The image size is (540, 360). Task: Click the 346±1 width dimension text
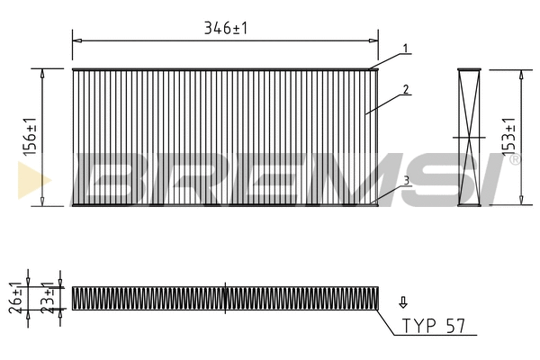pos(226,28)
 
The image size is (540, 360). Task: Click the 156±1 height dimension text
pos(31,137)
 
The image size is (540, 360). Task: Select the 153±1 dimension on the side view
pos(508,137)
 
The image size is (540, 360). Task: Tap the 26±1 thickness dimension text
pos(15,298)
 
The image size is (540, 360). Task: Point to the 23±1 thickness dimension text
pos(48,298)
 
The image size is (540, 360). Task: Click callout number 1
pos(406,49)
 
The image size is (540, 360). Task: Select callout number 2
pos(406,90)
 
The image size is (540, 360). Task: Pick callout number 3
pos(407,181)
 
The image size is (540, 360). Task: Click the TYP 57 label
pos(434,326)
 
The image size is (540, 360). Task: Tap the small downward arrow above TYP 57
pos(403,302)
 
